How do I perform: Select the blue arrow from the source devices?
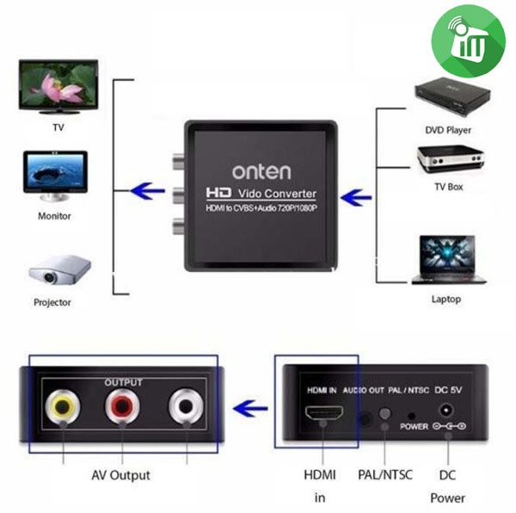pos(353,198)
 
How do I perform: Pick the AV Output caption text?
pos(120,474)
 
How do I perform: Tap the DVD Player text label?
pos(448,131)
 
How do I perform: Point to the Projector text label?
pos(52,303)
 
